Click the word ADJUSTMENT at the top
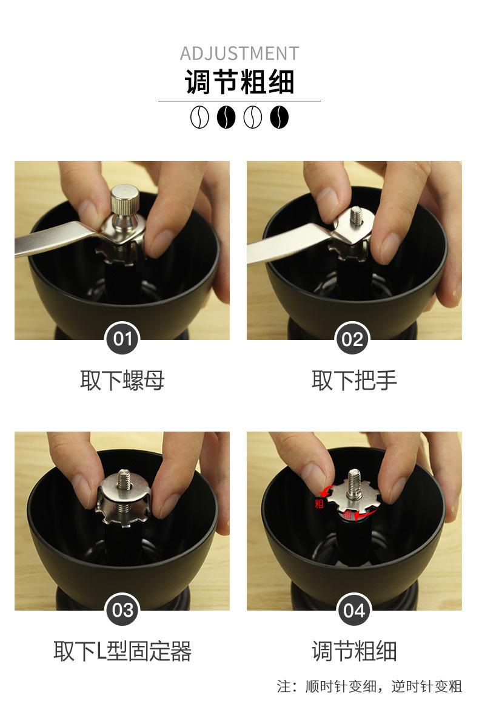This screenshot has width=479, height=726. (x=239, y=53)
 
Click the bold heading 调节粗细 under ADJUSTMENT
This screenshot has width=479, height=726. (x=239, y=82)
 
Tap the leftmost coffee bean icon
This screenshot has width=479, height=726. (x=199, y=117)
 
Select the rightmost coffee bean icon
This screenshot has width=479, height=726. (x=280, y=117)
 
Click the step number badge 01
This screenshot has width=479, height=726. (x=122, y=339)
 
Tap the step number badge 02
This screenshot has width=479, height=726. (x=352, y=339)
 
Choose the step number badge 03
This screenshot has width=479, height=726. (x=122, y=609)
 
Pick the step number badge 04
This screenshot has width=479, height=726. (x=354, y=609)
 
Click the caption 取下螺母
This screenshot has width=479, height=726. (x=122, y=380)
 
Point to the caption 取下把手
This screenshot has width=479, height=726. (x=354, y=380)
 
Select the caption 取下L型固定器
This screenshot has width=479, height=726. (x=122, y=651)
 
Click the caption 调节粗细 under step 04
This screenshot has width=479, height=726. (x=354, y=651)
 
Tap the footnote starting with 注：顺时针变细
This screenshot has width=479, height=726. (x=369, y=686)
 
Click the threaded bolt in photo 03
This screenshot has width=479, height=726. (x=124, y=480)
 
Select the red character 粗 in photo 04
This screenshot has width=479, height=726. (x=319, y=504)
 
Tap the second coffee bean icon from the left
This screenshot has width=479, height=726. (x=226, y=117)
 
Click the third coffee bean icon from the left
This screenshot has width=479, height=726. (x=253, y=117)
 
